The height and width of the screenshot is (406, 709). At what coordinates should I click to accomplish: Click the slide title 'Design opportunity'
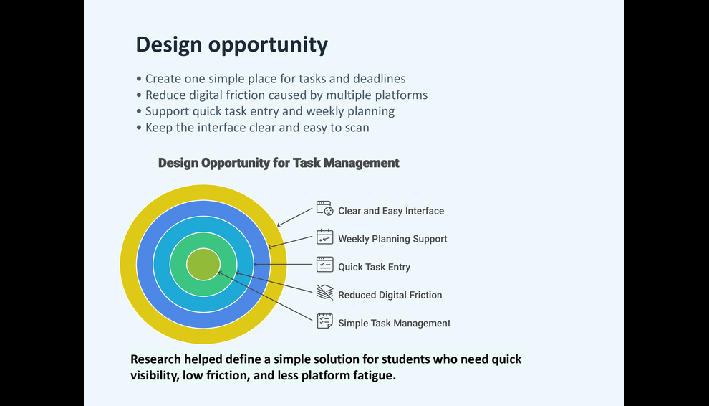click(x=232, y=45)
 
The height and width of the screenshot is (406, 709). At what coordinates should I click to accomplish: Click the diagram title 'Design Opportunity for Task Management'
click(x=279, y=163)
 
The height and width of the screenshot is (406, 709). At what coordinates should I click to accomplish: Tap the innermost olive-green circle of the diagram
click(x=203, y=264)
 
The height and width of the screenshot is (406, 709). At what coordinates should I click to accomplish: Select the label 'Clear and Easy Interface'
click(x=391, y=211)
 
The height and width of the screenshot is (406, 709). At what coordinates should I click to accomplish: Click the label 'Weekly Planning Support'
click(x=392, y=239)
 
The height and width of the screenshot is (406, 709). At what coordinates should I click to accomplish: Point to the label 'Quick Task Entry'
click(x=375, y=267)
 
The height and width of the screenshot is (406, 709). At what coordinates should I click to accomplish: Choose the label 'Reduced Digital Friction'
click(x=390, y=295)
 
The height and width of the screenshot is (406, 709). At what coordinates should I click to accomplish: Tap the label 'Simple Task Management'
click(x=395, y=323)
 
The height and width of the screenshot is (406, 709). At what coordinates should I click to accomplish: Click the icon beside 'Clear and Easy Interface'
click(x=324, y=209)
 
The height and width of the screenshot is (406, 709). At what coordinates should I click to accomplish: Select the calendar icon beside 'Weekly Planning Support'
click(x=324, y=237)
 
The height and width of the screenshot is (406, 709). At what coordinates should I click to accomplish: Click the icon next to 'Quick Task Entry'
click(x=324, y=264)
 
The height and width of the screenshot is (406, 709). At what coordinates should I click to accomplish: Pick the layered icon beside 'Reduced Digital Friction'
click(x=324, y=292)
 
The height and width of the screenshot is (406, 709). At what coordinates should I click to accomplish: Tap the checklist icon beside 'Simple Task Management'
click(x=324, y=321)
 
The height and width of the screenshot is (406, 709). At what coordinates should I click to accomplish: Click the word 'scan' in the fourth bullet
click(x=357, y=128)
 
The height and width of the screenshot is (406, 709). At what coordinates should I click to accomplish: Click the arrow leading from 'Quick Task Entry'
click(x=283, y=264)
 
